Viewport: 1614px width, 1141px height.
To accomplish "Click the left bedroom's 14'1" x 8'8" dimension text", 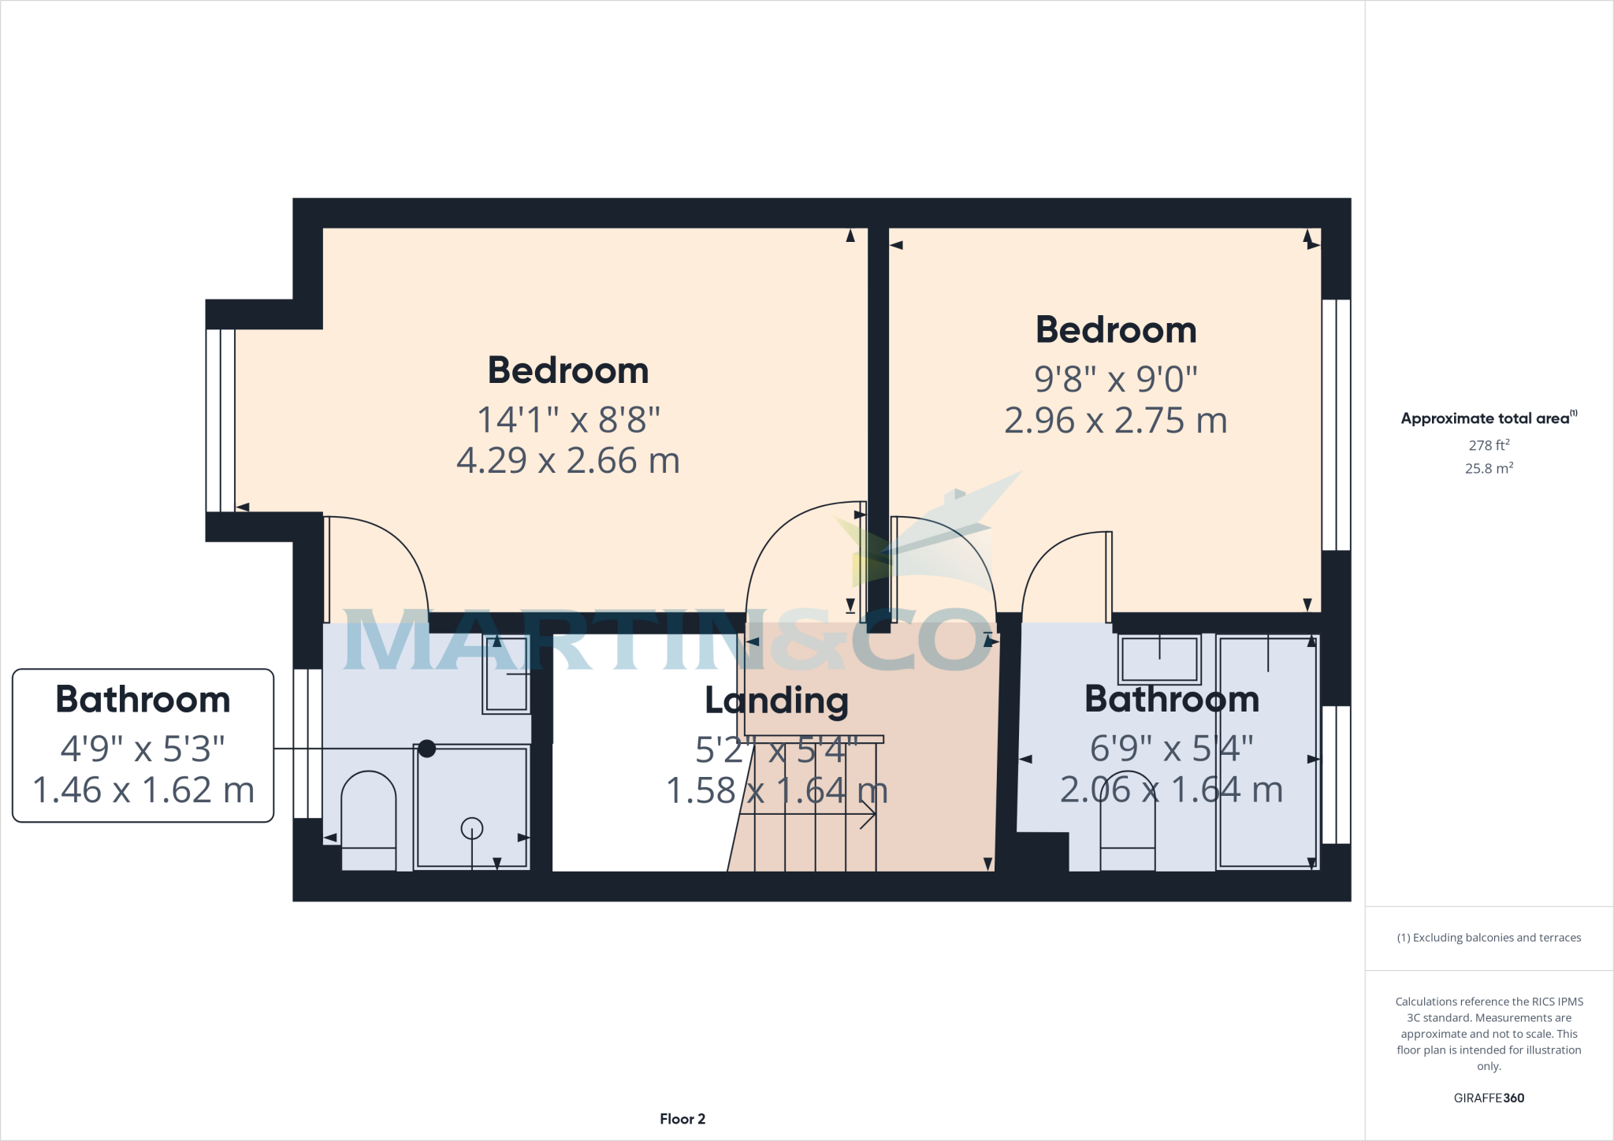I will tap(568, 420).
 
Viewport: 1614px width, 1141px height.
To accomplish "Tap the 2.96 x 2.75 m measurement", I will tap(1115, 421).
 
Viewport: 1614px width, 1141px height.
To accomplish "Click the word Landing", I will tap(776, 700).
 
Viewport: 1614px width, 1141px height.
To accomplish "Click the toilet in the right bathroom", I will tap(1128, 823).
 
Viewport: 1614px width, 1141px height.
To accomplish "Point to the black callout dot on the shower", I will tap(426, 749).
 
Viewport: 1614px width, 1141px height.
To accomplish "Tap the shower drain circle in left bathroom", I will tap(471, 829).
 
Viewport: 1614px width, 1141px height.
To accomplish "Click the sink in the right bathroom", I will tap(1159, 659).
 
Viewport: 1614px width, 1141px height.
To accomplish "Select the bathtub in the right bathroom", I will tap(1267, 753).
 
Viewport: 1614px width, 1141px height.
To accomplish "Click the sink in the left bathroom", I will tap(506, 675).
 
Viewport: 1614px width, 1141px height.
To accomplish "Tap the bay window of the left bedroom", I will tap(221, 421).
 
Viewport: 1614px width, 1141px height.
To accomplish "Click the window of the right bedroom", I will tap(1336, 425).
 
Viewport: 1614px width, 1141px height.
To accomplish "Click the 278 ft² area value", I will tap(1489, 445).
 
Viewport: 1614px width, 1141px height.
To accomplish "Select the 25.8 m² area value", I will tap(1489, 468).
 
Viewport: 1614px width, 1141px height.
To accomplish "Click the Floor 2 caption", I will tap(682, 1119).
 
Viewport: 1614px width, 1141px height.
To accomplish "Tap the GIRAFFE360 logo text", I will tap(1489, 1098).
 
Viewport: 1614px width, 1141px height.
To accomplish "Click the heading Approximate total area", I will tap(1485, 418).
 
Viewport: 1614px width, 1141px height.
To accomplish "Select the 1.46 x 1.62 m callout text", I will tap(143, 790).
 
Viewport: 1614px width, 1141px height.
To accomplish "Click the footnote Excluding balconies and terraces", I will tap(1489, 938).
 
